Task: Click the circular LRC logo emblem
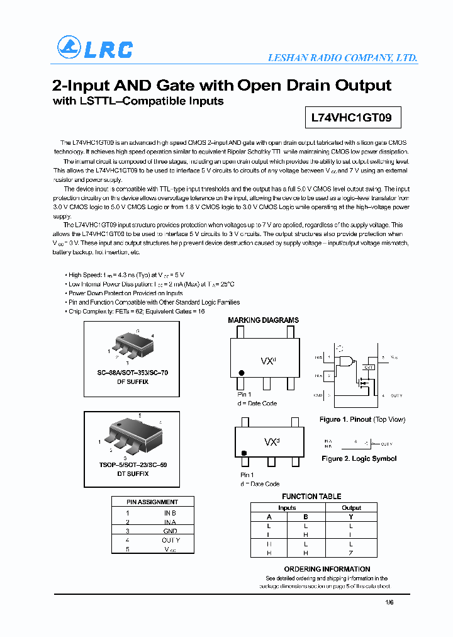(x=69, y=48)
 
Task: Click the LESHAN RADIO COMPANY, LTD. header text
(x=342, y=58)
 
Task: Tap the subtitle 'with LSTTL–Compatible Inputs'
(x=138, y=101)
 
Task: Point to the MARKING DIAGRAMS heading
(x=263, y=320)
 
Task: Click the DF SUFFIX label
(x=132, y=381)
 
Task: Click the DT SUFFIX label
(x=132, y=473)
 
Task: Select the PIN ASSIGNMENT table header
(x=152, y=502)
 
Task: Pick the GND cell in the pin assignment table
(x=170, y=531)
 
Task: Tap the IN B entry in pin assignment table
(x=170, y=513)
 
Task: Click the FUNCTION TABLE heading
(x=311, y=497)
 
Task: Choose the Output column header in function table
(x=351, y=507)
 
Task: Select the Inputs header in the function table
(x=287, y=507)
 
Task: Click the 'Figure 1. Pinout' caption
(x=362, y=419)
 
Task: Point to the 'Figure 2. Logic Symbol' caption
(x=359, y=459)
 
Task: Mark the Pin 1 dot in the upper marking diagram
(x=242, y=373)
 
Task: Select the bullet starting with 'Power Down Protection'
(x=125, y=293)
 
